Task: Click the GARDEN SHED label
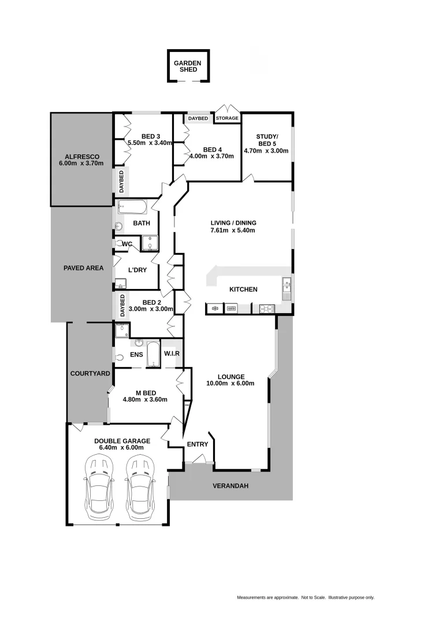[x=188, y=66]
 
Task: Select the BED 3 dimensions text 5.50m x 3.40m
[x=150, y=143]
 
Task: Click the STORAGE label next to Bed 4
[x=227, y=118]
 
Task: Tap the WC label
[x=127, y=244]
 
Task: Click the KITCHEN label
[x=243, y=289]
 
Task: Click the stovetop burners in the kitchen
[x=266, y=309]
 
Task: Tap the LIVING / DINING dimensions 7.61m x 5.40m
[x=233, y=231]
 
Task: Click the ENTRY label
[x=197, y=444]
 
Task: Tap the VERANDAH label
[x=230, y=486]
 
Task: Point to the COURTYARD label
[x=90, y=374]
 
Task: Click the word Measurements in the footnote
[x=252, y=597]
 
